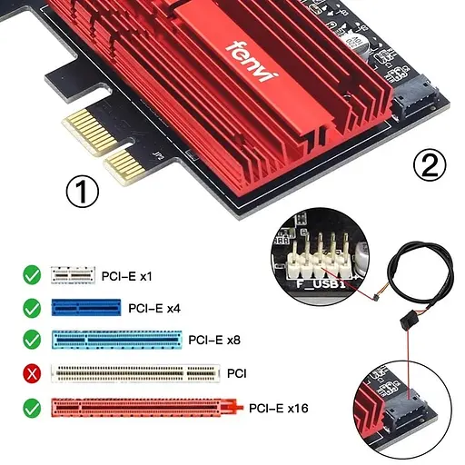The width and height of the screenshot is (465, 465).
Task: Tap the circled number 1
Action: click(x=84, y=193)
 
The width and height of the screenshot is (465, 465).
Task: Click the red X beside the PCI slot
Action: click(x=30, y=372)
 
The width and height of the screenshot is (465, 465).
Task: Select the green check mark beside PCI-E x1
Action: click(x=30, y=272)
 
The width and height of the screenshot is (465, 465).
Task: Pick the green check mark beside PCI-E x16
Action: click(x=30, y=408)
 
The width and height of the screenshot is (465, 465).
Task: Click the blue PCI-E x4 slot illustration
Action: click(x=86, y=307)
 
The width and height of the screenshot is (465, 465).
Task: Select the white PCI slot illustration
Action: click(x=136, y=372)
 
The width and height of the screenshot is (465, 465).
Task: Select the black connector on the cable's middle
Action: click(x=406, y=325)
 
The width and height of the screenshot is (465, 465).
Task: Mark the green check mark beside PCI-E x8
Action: click(x=30, y=339)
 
